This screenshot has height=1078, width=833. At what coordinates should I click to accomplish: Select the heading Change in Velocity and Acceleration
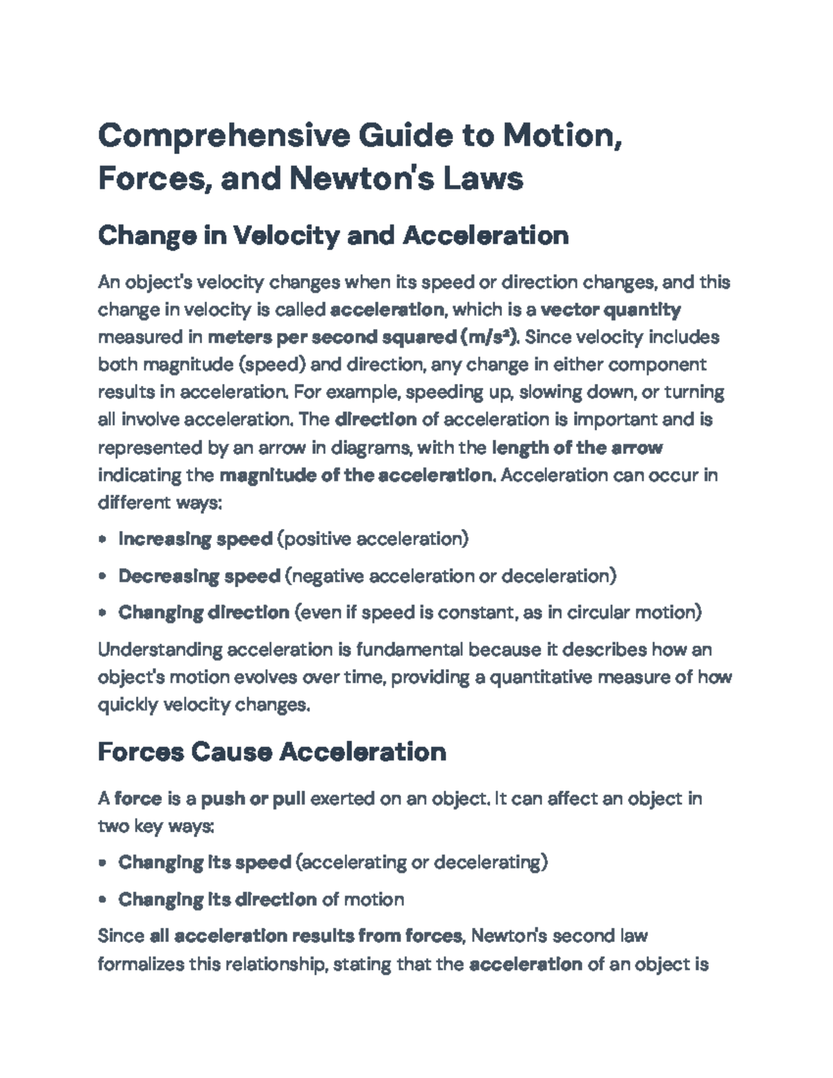333,236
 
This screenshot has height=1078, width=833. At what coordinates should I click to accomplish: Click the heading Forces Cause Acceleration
271,752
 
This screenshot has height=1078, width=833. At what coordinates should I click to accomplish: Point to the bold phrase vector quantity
610,310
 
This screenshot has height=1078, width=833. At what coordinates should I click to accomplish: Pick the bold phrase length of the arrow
577,448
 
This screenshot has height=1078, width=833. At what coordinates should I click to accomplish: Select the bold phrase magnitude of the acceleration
355,475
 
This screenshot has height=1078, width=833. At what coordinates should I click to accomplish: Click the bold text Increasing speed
195,539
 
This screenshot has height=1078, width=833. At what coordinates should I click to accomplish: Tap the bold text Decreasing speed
199,576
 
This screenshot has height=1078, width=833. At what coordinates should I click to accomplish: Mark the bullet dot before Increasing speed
103,540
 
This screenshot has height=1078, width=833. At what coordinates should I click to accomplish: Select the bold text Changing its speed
204,863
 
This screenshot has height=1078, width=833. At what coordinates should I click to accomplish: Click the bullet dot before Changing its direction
103,900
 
